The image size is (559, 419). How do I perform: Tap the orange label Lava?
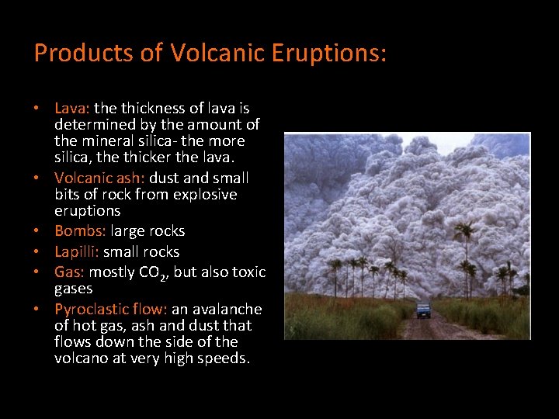pyautogui.click(x=72, y=108)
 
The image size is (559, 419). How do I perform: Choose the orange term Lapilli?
pyautogui.click(x=78, y=252)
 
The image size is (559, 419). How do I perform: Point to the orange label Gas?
pyautogui.click(x=70, y=272)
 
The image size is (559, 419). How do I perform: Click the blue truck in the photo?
pyautogui.click(x=423, y=310)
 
